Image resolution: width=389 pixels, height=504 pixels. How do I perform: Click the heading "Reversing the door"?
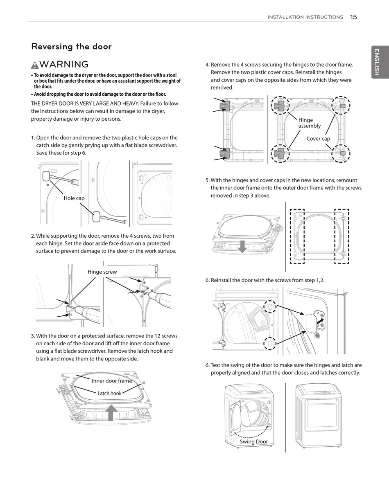point(71,47)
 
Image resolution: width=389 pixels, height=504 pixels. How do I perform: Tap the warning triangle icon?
point(35,65)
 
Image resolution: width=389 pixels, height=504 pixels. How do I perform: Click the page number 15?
point(353,17)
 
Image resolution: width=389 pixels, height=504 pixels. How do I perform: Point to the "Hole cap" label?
point(74,198)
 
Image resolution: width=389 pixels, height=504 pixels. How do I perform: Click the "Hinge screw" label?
point(102,272)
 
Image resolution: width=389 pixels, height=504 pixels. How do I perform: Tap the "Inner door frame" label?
point(112,381)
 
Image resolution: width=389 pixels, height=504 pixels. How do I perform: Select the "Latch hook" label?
point(109,394)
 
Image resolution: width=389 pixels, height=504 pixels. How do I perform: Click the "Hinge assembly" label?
point(309,123)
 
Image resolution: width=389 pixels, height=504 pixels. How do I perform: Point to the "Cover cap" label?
point(318,139)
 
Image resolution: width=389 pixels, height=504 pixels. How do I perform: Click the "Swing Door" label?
point(254,442)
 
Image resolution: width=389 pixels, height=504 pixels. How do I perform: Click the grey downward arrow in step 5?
point(242,246)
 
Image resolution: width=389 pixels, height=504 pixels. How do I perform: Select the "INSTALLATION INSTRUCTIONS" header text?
point(305,17)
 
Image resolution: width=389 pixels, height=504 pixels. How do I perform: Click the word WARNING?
point(64,65)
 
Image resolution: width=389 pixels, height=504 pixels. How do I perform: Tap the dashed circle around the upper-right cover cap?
point(341,106)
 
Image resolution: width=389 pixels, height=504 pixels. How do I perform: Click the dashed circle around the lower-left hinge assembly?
point(280,153)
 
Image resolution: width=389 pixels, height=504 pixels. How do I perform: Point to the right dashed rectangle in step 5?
point(342,236)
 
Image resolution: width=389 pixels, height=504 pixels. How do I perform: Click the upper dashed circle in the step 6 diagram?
point(270,307)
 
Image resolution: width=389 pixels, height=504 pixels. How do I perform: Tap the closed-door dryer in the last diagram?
point(318,415)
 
